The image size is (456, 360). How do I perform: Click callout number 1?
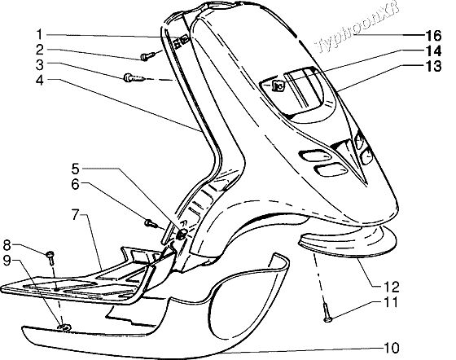(40, 34)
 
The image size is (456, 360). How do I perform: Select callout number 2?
(40, 50)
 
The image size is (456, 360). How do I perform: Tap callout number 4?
(40, 80)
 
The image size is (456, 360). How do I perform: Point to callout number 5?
(75, 169)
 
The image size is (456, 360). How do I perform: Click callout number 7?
(76, 216)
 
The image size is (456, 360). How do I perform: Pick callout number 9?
(7, 261)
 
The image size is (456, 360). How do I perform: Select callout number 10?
(392, 348)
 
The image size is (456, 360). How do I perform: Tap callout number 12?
(392, 287)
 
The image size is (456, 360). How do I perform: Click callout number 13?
(433, 66)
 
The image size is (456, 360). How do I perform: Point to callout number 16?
(433, 36)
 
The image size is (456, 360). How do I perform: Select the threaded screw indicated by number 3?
(134, 78)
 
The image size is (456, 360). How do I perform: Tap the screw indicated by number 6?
(151, 224)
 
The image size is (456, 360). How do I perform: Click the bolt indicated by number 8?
(50, 258)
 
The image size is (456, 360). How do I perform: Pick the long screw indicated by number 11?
(327, 312)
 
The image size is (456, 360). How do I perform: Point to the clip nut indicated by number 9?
(64, 327)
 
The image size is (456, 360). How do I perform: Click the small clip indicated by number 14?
(277, 86)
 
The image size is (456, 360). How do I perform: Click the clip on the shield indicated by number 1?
(181, 42)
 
